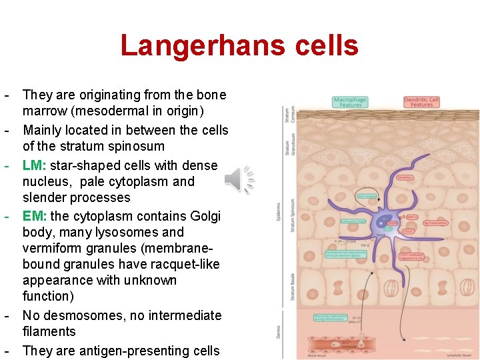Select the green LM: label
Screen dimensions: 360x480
(x=35, y=165)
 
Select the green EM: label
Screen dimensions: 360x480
(x=35, y=216)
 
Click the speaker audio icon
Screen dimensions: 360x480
(x=238, y=179)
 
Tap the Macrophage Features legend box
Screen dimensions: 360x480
(x=350, y=102)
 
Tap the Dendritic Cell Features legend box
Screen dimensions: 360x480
(x=421, y=102)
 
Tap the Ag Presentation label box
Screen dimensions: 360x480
(x=436, y=223)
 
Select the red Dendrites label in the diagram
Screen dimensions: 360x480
(x=405, y=177)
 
